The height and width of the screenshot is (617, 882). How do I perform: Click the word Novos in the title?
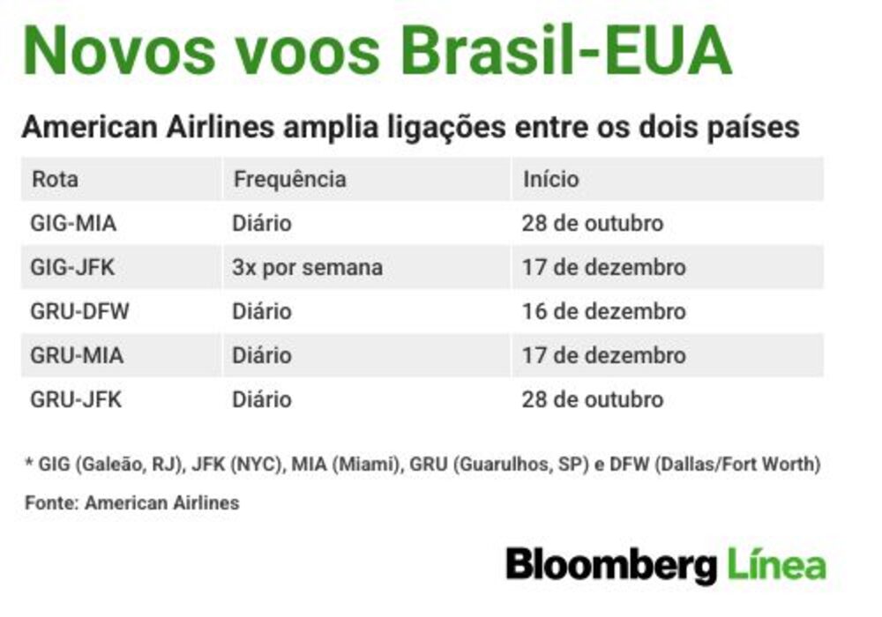point(120,51)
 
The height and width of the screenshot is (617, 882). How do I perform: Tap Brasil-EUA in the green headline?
point(566,51)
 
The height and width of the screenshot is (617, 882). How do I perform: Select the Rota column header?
point(55,180)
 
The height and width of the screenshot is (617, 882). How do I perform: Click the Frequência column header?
point(289,179)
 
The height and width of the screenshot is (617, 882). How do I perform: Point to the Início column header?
point(550,179)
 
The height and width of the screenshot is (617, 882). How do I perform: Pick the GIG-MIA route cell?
point(74,224)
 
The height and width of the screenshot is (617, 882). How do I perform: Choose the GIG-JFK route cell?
point(72,267)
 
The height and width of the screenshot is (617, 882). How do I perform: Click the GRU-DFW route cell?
point(80,311)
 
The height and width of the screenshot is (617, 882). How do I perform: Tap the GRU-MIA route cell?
point(77,356)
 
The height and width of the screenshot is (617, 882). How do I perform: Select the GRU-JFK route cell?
point(76,399)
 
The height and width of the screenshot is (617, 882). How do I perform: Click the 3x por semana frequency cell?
point(308,268)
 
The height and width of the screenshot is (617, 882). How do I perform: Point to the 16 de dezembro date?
point(604,311)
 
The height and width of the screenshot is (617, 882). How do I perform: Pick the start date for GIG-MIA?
point(593,224)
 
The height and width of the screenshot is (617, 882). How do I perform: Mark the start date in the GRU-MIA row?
point(604,356)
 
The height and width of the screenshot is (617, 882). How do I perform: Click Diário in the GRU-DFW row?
point(262,311)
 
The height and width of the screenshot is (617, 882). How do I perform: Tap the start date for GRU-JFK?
point(593,399)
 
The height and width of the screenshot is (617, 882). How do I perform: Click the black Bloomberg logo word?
point(611,566)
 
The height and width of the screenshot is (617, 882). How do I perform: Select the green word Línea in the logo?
point(777,563)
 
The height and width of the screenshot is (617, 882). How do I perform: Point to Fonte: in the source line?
point(52,503)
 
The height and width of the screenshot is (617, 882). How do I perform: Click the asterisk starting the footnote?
point(29,463)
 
